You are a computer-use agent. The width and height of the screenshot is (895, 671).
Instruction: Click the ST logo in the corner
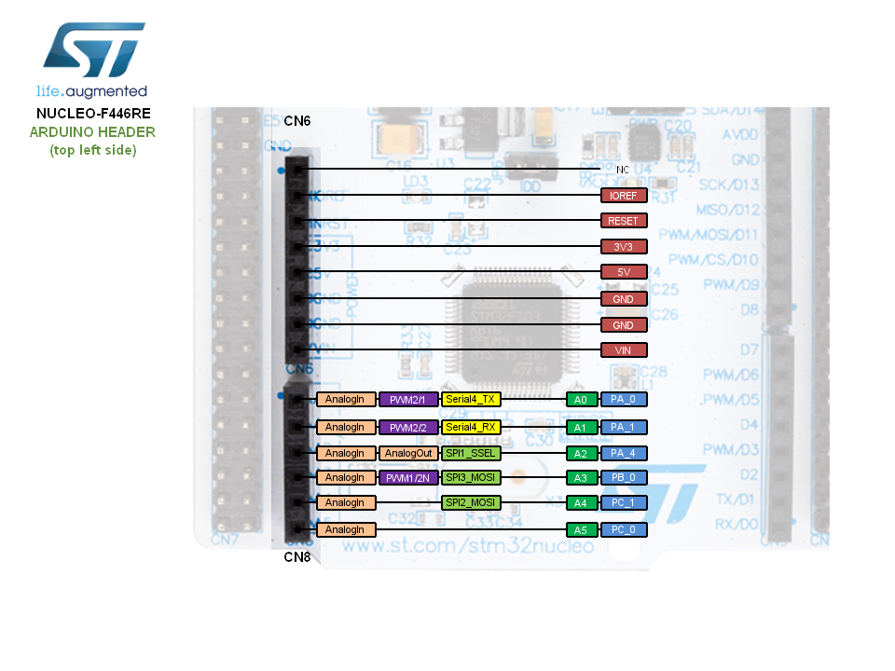[93, 51]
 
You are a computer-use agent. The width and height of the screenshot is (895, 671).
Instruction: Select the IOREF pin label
[624, 196]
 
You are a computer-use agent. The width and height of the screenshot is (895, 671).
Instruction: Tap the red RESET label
[624, 221]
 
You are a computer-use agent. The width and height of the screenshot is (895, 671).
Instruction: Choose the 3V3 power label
[624, 247]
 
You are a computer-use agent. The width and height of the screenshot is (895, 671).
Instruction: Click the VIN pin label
[624, 350]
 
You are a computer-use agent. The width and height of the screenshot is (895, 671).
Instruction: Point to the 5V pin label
[624, 272]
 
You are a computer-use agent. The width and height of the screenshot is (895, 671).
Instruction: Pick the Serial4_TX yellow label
[471, 400]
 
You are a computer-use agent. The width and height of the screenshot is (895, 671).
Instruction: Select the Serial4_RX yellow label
[471, 427]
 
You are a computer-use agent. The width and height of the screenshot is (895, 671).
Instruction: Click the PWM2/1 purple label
[408, 400]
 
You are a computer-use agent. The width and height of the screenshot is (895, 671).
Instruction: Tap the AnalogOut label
[408, 453]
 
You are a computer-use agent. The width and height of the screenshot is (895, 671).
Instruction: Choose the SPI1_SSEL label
[471, 453]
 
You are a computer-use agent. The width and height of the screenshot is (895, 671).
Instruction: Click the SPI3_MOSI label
[471, 477]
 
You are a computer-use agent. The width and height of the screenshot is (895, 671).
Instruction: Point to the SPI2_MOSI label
[471, 502]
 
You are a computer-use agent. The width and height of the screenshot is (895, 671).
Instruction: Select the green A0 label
[580, 400]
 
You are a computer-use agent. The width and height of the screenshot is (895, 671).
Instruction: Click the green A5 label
[580, 529]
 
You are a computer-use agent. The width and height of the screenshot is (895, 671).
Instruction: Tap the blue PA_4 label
[624, 453]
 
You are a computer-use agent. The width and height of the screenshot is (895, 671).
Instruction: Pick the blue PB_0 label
[624, 477]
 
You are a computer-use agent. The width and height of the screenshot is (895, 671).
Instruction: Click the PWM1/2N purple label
[408, 477]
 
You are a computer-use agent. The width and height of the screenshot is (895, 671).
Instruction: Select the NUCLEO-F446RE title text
[93, 113]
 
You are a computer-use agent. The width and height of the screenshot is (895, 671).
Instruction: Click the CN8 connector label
[297, 557]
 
